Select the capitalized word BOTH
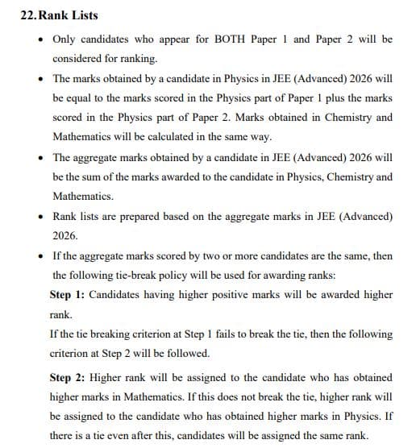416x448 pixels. [x=227, y=39]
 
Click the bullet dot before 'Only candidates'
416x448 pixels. [x=40, y=39]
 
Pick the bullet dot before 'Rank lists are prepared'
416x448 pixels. [x=40, y=216]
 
